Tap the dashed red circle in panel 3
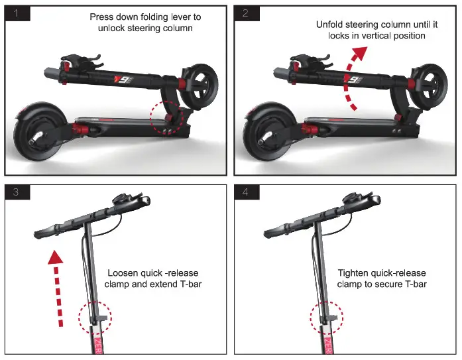[x=95, y=315]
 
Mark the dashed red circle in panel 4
[x=327, y=315]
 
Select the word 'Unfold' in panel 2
[x=330, y=25]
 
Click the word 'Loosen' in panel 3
[x=124, y=273]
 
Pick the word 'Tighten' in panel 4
[x=354, y=273]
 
